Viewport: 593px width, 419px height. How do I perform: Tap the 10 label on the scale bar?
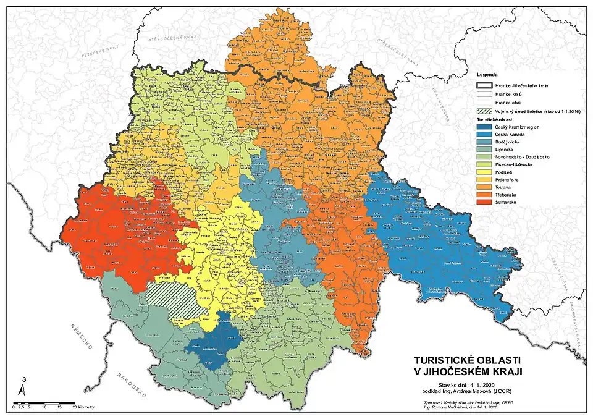click(43, 408)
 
